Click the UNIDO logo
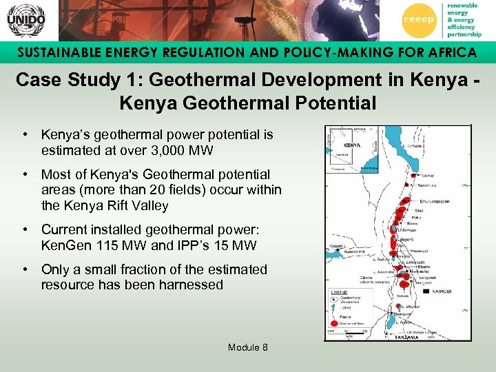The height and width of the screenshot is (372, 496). click(x=25, y=20)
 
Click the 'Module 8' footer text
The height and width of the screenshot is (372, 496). click(x=248, y=347)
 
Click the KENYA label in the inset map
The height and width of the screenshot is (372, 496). click(x=352, y=145)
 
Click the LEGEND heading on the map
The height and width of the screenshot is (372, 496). click(x=340, y=292)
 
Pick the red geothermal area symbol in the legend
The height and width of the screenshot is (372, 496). click(x=335, y=322)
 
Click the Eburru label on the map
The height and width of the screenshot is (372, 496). click(x=420, y=265)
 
